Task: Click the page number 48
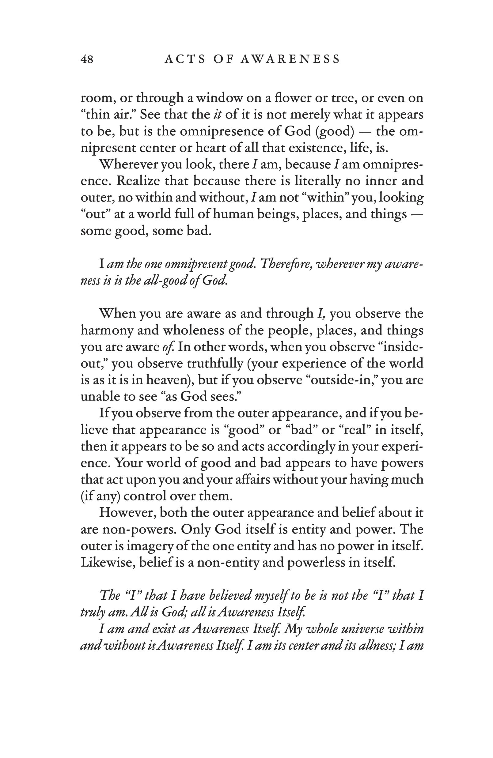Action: click(87, 59)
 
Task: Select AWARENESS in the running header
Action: click(290, 59)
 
